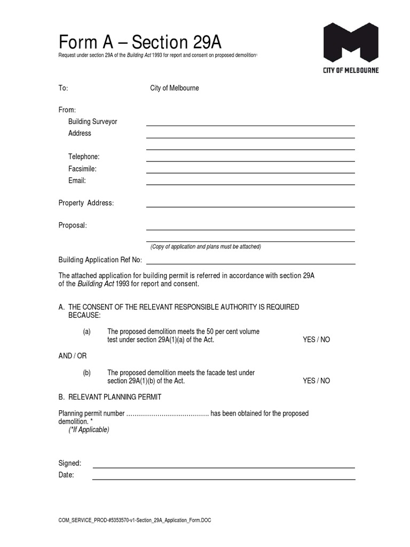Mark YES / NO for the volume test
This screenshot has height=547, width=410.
316,340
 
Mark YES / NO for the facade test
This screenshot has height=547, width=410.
316,381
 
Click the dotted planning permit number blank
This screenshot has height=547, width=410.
167,413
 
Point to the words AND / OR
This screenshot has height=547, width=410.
72,356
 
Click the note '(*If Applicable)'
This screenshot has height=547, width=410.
89,430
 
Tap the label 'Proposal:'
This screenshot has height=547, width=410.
73,225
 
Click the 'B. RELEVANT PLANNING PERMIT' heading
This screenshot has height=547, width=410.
110,397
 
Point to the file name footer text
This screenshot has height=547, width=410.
135,520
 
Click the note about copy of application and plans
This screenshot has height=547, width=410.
206,247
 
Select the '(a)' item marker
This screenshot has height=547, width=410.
86,332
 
